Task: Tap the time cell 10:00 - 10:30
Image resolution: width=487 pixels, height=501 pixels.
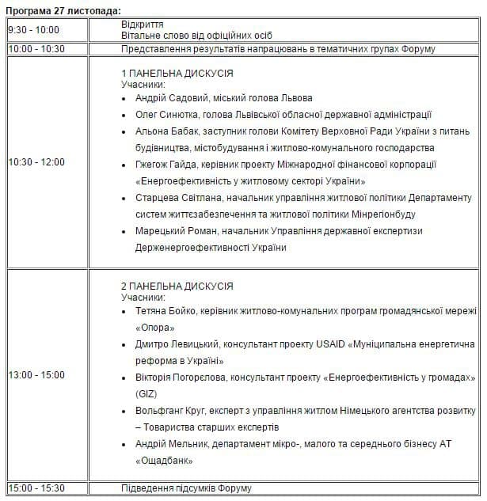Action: [x=36, y=49]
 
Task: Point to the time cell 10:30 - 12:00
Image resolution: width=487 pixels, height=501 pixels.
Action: [x=36, y=162]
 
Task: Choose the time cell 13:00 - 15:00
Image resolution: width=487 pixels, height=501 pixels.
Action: [x=36, y=374]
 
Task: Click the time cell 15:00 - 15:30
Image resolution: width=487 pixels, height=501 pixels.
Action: [x=36, y=488]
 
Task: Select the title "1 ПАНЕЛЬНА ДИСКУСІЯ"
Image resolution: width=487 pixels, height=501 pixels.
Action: [x=177, y=73]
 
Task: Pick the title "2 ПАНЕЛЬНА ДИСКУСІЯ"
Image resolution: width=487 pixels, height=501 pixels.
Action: [x=177, y=286]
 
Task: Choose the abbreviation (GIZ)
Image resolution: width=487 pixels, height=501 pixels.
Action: [x=147, y=394]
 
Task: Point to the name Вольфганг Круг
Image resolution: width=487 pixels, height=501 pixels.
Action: [x=173, y=411]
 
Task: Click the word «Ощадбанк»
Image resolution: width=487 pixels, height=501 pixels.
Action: [x=165, y=461]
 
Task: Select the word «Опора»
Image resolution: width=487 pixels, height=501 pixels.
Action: [x=154, y=327]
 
